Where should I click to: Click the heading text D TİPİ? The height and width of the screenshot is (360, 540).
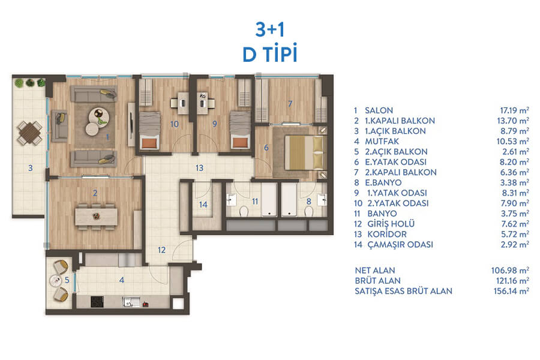269,54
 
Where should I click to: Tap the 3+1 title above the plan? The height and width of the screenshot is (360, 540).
270,29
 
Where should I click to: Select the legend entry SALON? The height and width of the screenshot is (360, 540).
379,110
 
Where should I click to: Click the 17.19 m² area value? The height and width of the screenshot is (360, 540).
515,110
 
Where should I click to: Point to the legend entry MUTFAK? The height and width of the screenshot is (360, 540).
382,141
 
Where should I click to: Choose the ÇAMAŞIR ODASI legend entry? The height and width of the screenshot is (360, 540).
400,244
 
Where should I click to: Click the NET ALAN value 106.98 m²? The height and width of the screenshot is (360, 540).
510,271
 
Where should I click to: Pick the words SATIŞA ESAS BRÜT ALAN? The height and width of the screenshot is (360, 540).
403,291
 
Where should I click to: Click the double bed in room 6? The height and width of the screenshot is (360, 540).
304,152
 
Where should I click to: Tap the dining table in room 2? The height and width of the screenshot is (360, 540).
96,217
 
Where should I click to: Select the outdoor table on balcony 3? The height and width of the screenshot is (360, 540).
30,133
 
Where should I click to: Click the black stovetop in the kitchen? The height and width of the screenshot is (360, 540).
97,302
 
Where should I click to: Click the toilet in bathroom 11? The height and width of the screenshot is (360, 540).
244,210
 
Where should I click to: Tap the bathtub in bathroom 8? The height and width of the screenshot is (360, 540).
289,199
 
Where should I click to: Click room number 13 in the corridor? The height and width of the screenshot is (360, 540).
199,168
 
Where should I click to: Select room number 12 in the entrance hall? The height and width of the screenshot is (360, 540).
162,250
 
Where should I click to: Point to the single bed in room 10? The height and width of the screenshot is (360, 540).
149,131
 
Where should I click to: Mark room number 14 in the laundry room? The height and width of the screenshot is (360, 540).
203,205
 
